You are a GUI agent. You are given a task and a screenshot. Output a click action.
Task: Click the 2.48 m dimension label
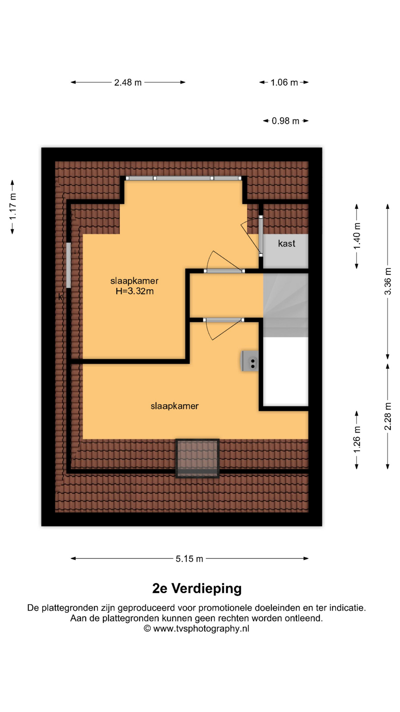pos(128,82)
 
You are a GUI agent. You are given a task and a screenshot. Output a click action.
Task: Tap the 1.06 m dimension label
pos(284,82)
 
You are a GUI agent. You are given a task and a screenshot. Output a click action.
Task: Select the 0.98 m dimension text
pos(286,121)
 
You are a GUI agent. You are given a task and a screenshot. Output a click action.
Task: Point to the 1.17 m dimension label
pos(13,207)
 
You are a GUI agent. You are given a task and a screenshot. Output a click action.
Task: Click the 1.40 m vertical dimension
pos(357,236)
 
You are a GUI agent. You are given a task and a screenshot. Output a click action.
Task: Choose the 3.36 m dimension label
pos(388,281)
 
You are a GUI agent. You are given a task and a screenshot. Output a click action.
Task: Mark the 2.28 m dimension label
pos(388,416)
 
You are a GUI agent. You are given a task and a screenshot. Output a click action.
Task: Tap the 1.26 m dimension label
pos(357,439)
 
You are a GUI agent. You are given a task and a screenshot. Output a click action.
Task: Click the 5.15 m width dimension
pos(189,558)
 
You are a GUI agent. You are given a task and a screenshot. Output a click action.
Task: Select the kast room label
pos(287,243)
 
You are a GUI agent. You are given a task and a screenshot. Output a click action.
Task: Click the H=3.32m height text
pos(134,291)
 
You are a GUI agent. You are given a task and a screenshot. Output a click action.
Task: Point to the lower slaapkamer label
pos(174,406)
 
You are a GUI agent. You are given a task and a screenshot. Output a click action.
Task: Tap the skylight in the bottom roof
pos(197,458)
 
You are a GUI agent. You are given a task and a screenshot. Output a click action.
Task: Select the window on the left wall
pos(69,265)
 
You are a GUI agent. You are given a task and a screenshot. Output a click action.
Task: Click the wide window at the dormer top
pos(184,178)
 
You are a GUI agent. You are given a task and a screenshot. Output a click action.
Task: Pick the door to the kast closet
pos(261,236)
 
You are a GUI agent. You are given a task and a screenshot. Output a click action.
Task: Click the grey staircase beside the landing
pos(286,305)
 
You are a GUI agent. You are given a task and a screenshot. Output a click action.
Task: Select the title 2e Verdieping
pos(197,589)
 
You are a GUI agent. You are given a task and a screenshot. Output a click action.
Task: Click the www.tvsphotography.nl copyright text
pos(197,629)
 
